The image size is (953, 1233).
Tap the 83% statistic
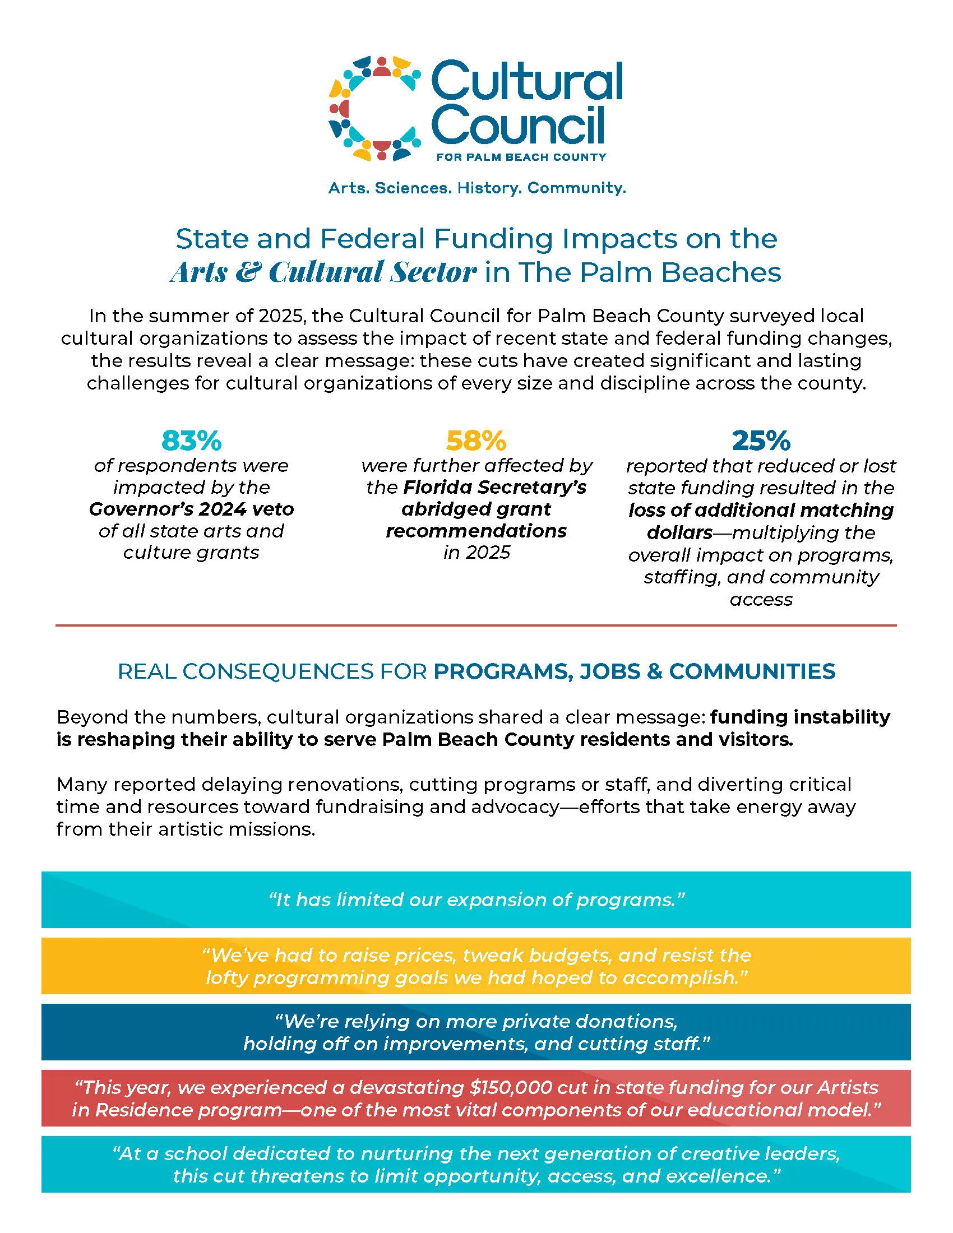[191, 441]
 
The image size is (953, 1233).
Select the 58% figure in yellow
[476, 441]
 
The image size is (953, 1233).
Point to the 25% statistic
[761, 441]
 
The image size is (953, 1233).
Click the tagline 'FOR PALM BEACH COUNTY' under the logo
[521, 157]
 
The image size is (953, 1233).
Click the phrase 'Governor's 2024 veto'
[191, 509]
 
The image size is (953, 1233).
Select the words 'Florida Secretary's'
[494, 487]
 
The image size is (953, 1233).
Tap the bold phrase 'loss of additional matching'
[761, 510]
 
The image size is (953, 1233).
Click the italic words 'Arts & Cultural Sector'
[323, 272]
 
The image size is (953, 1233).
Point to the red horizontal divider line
[476, 625]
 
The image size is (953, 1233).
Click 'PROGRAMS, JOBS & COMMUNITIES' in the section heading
[634, 671]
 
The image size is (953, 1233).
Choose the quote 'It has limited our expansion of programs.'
[476, 900]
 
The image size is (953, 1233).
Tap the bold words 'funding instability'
[800, 717]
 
